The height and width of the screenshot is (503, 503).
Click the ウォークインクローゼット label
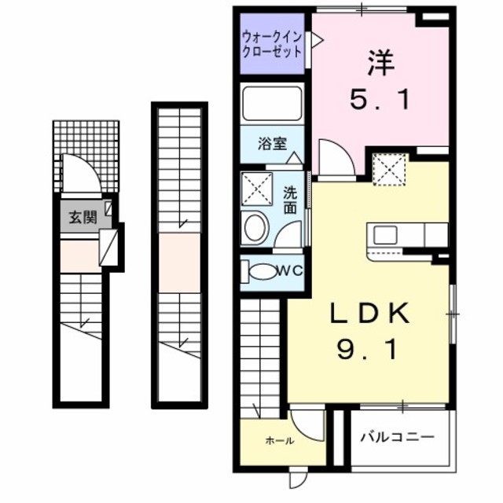(272, 43)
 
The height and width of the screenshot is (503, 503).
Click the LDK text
(369, 315)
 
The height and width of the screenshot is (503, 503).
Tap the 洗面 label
(290, 200)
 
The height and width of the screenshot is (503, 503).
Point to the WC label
(289, 271)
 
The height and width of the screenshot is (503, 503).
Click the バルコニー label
(397, 438)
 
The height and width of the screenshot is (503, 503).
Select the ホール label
(279, 441)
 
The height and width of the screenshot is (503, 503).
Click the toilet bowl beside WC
(261, 272)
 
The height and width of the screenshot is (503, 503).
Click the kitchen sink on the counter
(387, 234)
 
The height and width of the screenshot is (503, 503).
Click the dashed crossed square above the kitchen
(387, 170)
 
